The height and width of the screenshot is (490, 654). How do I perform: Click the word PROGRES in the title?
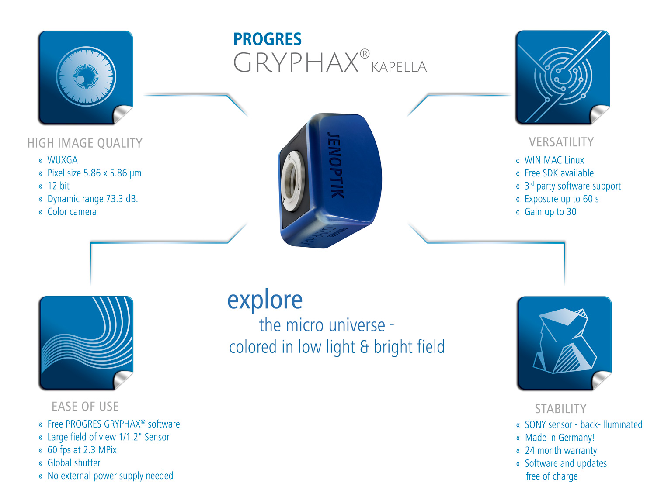pyautogui.click(x=267, y=39)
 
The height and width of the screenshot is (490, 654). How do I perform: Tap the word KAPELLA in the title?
pyautogui.click(x=399, y=67)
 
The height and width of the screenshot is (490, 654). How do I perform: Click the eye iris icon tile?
pyautogui.click(x=86, y=77)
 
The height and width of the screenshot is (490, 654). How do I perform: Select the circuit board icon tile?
pyautogui.click(x=563, y=77)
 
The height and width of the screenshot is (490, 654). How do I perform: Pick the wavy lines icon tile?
pyautogui.click(x=86, y=343)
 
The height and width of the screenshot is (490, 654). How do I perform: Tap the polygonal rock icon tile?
pyautogui.click(x=565, y=343)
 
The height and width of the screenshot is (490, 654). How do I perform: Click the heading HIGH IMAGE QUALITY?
pyautogui.click(x=85, y=143)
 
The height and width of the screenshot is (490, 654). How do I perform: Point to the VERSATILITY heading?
pyautogui.click(x=561, y=142)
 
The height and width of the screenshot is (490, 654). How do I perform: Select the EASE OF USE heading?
pyautogui.click(x=85, y=407)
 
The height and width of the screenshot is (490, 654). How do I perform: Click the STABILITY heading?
pyautogui.click(x=561, y=409)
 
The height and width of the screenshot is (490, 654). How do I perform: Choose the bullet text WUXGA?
pyautogui.click(x=63, y=160)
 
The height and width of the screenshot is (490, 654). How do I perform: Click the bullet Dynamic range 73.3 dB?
pyautogui.click(x=93, y=199)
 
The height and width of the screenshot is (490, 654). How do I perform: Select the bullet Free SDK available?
pyautogui.click(x=559, y=173)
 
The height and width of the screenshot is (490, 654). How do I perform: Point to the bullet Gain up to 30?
pyautogui.click(x=550, y=212)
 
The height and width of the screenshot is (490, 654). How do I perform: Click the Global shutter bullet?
pyautogui.click(x=74, y=462)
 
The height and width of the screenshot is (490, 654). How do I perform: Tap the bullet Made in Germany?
pyautogui.click(x=560, y=437)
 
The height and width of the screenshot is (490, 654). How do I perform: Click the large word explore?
pyautogui.click(x=265, y=300)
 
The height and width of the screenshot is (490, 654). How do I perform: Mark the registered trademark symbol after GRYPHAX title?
pyautogui.click(x=365, y=54)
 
